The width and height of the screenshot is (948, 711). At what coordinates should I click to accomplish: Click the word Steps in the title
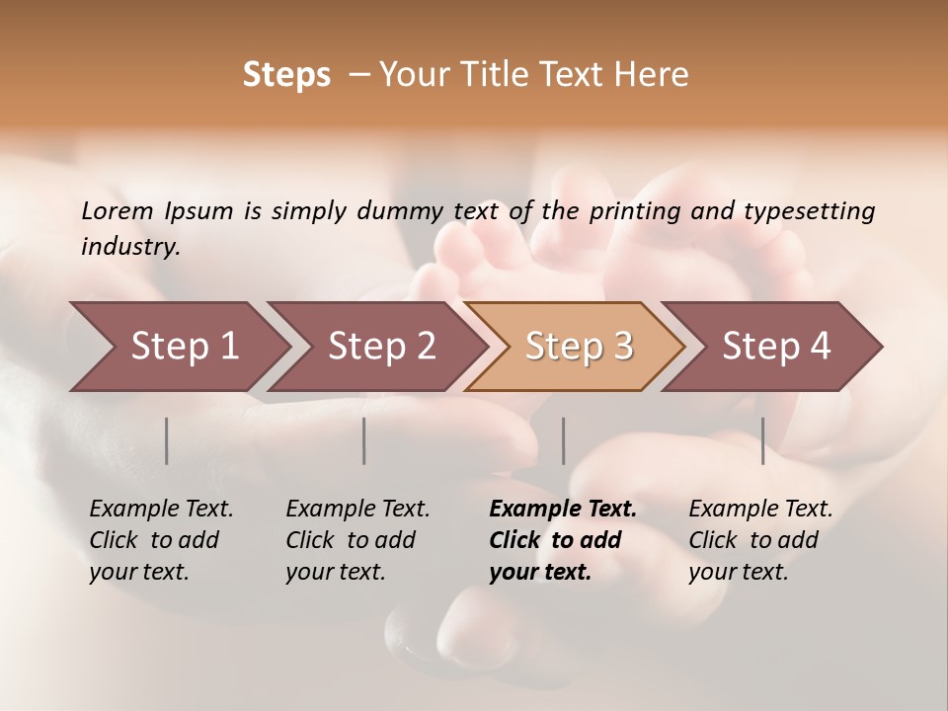coord(286,75)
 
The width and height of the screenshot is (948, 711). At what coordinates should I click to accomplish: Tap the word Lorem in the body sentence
coord(118,210)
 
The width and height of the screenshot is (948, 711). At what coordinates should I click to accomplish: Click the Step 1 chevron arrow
coord(178,347)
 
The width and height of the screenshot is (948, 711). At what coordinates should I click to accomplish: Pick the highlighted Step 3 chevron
coord(576,347)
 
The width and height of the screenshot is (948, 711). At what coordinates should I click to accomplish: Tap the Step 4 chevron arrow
coord(774,347)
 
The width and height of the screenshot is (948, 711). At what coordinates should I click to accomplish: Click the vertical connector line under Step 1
coord(167,440)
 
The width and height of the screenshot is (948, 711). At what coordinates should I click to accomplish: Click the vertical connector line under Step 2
coord(364,440)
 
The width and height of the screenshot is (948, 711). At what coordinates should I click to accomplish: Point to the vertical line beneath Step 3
coord(564,440)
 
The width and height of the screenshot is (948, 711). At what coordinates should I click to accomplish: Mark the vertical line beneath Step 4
coord(763,440)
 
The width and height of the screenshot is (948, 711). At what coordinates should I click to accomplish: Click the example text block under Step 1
coord(161,540)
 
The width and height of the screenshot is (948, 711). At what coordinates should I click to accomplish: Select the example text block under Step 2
coord(357,540)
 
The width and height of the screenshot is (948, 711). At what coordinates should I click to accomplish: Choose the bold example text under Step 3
coord(563,540)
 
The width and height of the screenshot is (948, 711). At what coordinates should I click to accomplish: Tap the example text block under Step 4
coord(760,540)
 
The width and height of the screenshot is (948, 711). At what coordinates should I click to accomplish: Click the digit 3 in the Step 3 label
coord(622,347)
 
